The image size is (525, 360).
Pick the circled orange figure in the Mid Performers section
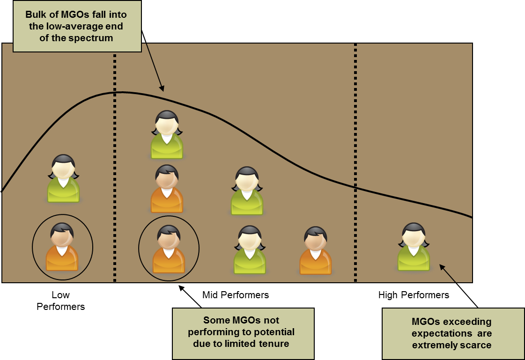169,249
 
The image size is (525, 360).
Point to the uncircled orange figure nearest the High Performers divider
315,250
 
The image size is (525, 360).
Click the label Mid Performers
236,295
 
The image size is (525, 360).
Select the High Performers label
414,295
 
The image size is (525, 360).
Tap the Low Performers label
61,301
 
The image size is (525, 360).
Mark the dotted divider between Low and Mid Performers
115,187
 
